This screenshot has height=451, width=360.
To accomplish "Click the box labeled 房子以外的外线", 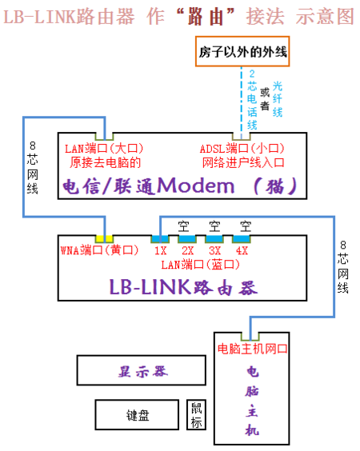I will [x=242, y=54].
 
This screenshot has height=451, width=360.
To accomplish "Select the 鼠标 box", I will [x=196, y=414].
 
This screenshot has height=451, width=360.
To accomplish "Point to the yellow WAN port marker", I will [x=104, y=237].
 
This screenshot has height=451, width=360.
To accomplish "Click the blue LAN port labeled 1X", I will [x=160, y=237].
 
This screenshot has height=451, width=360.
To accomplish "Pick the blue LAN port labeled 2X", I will [x=187, y=237].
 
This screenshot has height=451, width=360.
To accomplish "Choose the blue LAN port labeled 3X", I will [x=214, y=237].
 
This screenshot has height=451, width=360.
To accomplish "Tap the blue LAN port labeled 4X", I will [x=241, y=237].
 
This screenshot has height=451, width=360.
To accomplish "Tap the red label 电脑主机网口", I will [x=252, y=349].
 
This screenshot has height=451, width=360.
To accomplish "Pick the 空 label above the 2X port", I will [x=186, y=225].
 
